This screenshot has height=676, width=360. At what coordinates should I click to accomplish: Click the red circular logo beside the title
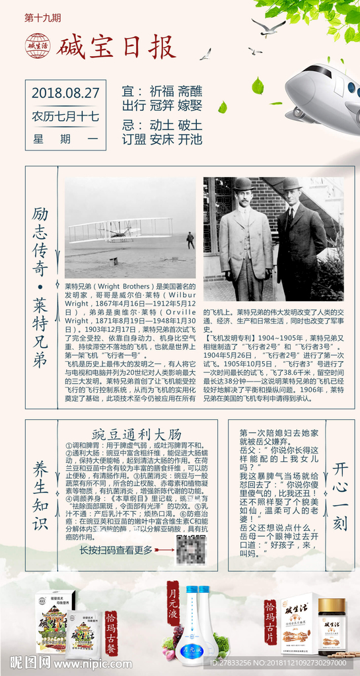pyautogui.click(x=38, y=46)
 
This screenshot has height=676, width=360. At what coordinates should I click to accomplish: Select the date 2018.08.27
pyautogui.click(x=65, y=92)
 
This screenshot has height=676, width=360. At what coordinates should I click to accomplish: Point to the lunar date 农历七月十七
pyautogui.click(x=65, y=116)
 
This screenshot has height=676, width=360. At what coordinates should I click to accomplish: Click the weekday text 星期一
pyautogui.click(x=65, y=140)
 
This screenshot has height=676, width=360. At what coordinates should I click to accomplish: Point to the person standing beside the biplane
pyautogui.click(x=190, y=240)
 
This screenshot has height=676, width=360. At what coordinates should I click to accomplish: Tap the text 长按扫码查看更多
pyautogui.click(x=116, y=550)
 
